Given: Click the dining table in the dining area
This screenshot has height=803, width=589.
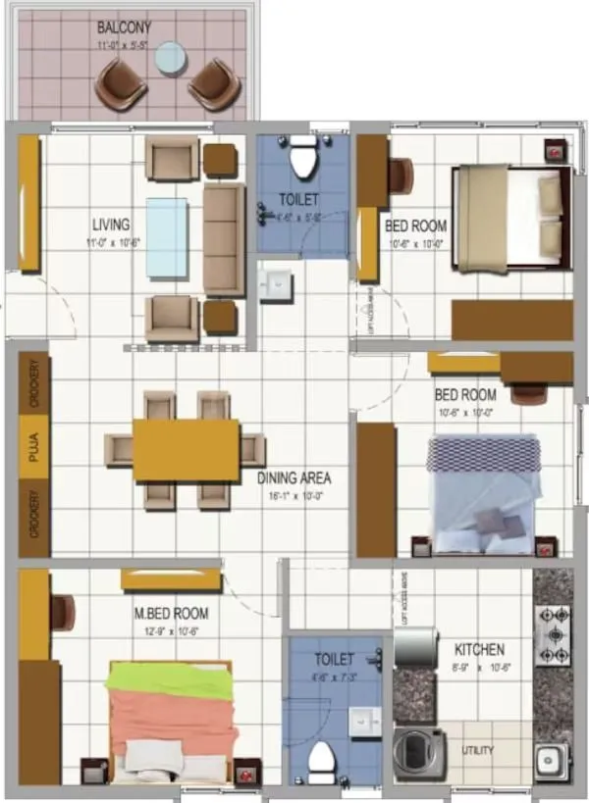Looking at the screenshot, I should click(186, 450).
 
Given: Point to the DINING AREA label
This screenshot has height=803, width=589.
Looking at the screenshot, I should click(294, 479).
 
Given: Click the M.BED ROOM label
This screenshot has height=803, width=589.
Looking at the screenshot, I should click(171, 614).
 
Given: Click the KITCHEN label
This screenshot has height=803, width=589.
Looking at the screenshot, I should click(479, 649).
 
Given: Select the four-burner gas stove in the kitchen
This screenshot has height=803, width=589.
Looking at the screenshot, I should click(553, 635).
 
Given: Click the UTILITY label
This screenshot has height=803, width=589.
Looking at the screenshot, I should click(478, 751).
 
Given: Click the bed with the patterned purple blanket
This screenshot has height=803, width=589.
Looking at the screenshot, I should click(483, 493).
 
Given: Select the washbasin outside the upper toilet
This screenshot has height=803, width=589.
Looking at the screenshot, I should click(275, 284).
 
